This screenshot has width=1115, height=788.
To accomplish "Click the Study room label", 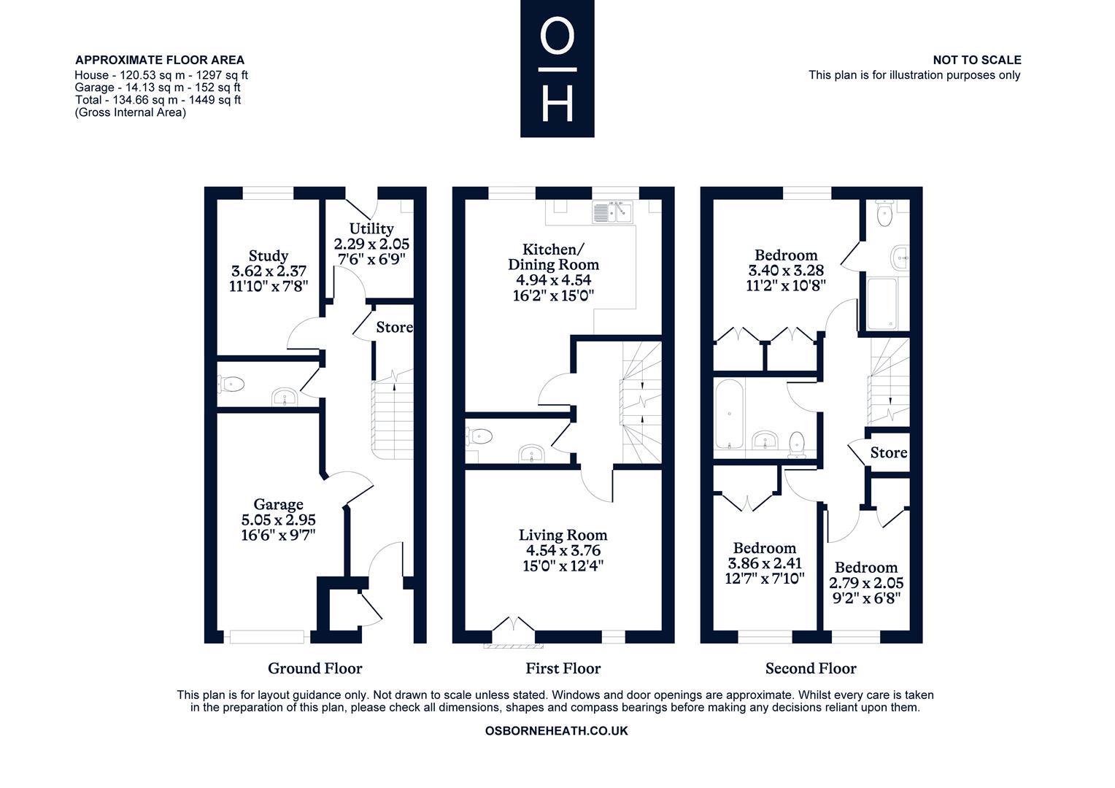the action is point(269,271).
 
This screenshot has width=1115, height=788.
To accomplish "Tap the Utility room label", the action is point(371,244).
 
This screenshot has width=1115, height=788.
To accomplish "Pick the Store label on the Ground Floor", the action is point(394,328).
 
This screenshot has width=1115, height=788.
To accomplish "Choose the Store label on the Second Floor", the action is point(889,452).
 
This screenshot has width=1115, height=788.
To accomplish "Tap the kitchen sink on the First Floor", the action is point(612,212).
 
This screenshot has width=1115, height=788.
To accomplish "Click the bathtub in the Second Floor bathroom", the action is point(729,414).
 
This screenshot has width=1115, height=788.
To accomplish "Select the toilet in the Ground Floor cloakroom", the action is point(231,385).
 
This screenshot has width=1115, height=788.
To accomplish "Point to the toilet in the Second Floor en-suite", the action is point(884,214).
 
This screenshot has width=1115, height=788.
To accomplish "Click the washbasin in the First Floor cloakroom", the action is point(531,454).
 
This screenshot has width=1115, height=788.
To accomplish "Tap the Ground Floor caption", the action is point(315,668).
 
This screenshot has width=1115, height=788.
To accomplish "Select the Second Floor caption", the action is point(811,668).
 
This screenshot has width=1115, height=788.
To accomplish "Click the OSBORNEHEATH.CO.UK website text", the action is point(557,731).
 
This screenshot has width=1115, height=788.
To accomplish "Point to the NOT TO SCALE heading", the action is point(976,61).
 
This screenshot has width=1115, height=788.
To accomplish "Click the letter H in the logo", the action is point(557,103).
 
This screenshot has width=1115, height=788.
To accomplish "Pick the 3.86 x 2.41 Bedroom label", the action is point(765,563).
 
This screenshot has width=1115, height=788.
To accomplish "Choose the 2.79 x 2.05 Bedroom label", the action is point(866,582).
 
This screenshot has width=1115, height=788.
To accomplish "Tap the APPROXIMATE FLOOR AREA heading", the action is point(160,61).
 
